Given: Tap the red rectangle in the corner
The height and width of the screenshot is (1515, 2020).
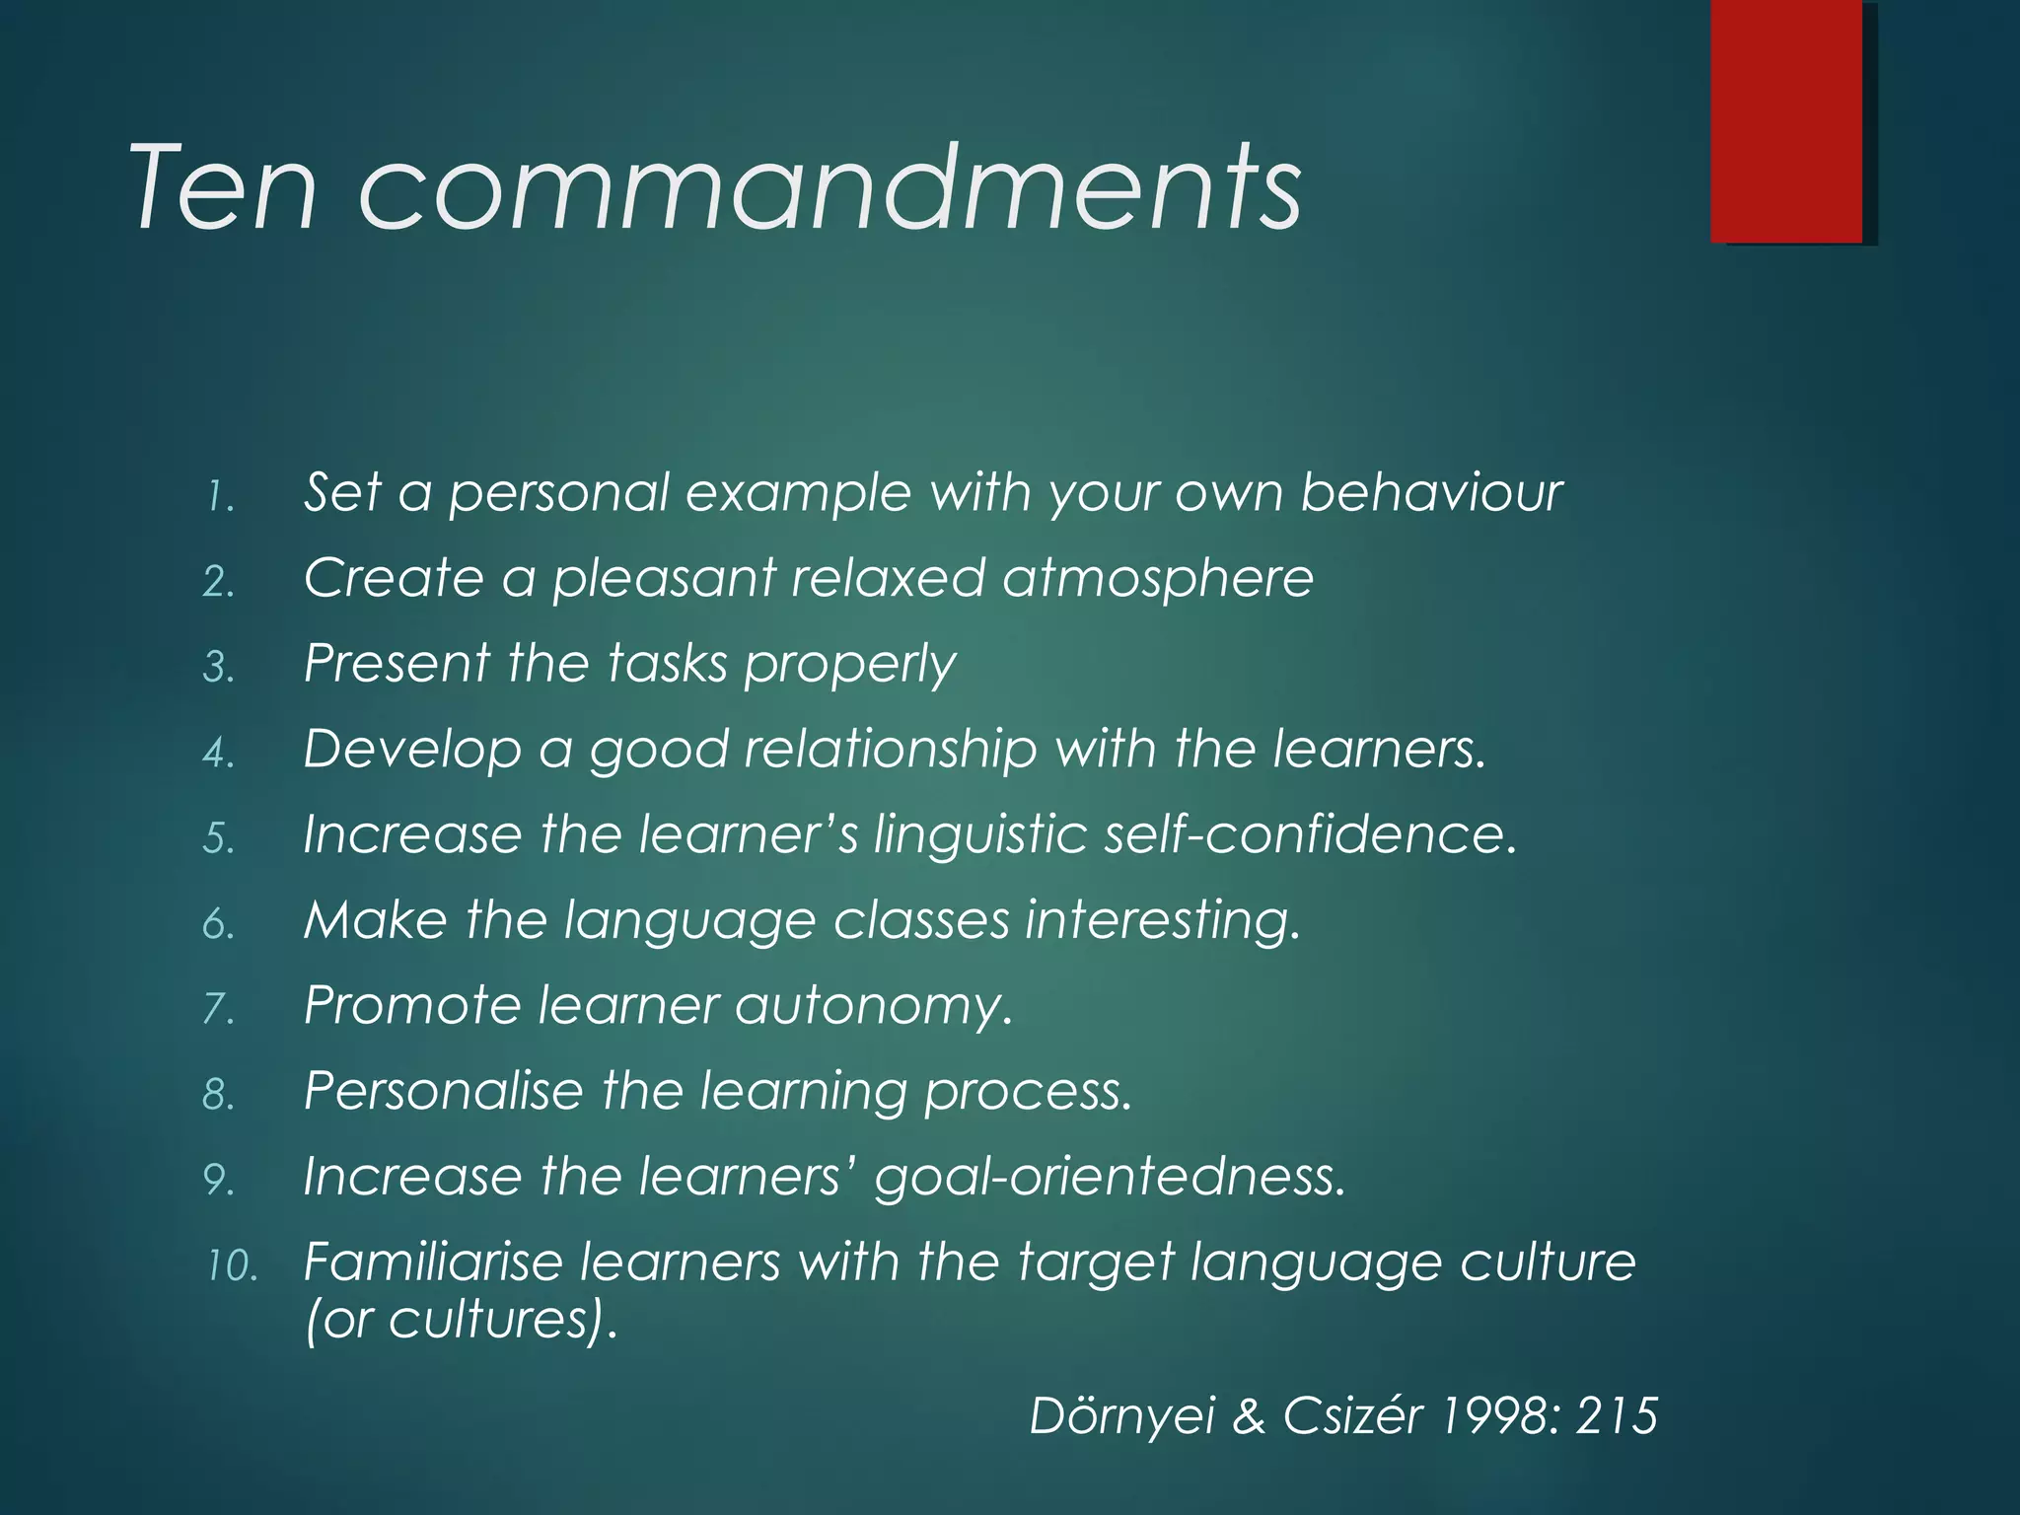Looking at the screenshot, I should coord(1786,120).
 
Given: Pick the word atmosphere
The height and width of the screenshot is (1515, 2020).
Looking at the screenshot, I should coord(1158,578).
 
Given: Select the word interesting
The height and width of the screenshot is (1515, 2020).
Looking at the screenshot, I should coord(1163,921).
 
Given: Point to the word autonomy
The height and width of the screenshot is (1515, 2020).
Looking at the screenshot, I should coord(874,1006).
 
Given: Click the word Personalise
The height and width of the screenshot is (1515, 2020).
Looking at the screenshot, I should coord(444,1091).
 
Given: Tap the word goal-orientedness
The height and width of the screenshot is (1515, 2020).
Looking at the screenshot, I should coord(1110,1177).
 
